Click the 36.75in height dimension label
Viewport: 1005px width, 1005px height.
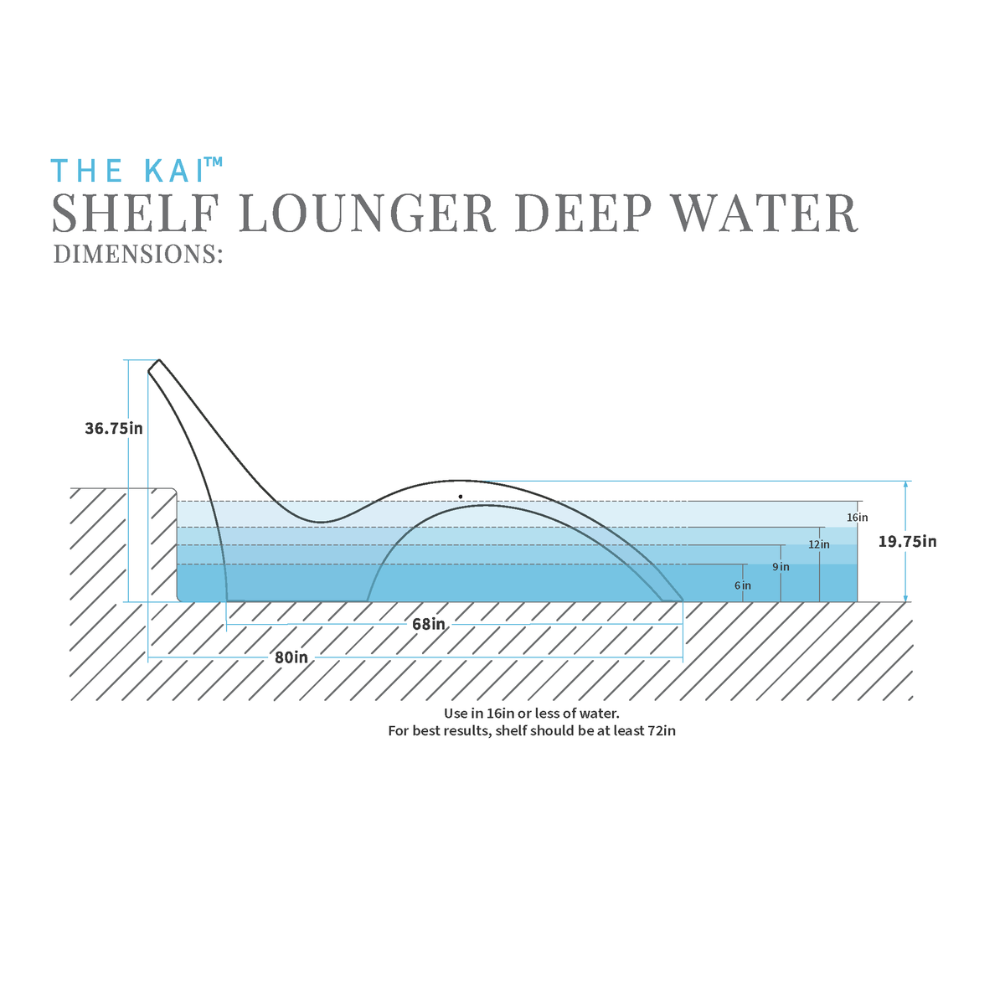[x=114, y=428]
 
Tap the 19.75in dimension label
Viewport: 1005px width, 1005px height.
[x=907, y=541]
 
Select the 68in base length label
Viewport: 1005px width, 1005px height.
[x=428, y=624]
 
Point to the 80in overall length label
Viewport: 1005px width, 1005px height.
[x=291, y=657]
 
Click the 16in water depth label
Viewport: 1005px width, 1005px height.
[x=857, y=518]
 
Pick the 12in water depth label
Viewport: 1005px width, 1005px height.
[x=819, y=544]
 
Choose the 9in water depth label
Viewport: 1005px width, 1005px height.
[x=781, y=567]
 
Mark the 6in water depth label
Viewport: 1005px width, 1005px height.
[x=742, y=585]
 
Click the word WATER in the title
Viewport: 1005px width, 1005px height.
[x=765, y=213]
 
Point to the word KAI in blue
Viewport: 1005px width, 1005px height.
[x=173, y=171]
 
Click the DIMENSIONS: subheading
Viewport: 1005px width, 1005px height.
[x=137, y=254]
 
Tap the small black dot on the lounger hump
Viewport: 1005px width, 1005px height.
[x=461, y=497]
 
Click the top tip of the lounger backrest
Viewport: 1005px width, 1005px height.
[x=157, y=362]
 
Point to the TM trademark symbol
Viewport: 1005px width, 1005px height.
[x=214, y=162]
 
